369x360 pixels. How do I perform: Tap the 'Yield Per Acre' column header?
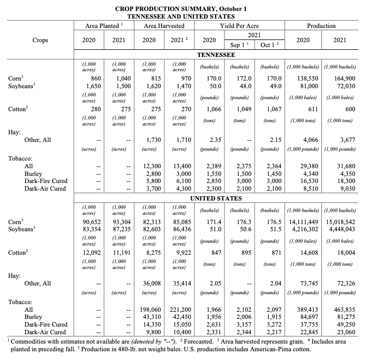239,26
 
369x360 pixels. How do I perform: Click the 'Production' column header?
321,26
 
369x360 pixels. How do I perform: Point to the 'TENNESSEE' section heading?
216,55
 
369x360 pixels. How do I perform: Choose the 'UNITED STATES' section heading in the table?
216,198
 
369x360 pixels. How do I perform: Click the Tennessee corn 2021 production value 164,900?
344,79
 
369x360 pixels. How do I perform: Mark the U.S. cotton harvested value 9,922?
177,253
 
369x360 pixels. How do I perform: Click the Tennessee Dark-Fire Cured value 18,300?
345,180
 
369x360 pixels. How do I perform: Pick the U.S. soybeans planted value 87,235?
121,229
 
